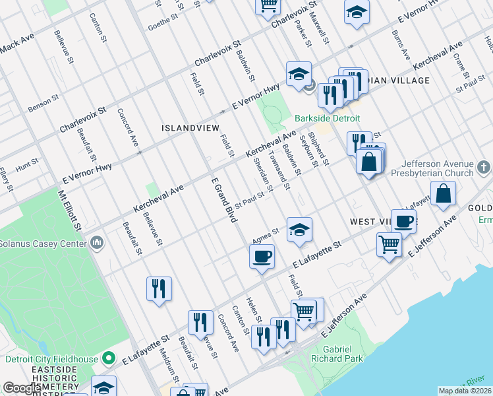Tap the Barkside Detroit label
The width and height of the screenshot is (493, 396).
(328, 118)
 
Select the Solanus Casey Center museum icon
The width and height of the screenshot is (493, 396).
(98, 244)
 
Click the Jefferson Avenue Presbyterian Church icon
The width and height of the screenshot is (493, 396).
(484, 168)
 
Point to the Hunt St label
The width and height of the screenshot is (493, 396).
(27, 165)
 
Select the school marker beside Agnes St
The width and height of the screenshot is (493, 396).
(299, 230)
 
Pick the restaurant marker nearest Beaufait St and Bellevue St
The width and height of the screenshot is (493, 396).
(159, 288)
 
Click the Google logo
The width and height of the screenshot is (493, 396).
(22, 389)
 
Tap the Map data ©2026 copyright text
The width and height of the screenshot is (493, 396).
(465, 391)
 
